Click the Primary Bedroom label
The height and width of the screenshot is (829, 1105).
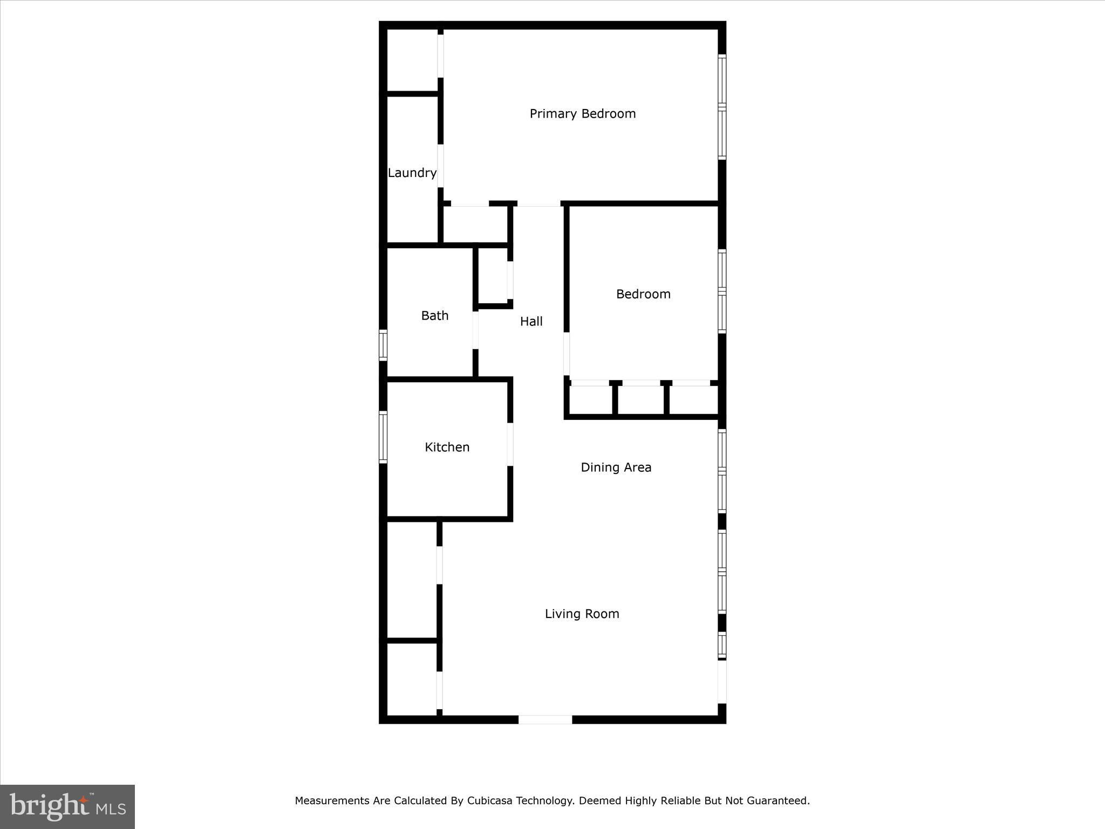click(x=583, y=114)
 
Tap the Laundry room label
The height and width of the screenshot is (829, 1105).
click(x=412, y=173)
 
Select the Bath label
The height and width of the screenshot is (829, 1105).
click(x=435, y=316)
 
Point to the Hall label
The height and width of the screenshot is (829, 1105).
click(x=531, y=322)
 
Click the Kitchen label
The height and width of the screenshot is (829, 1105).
click(x=447, y=447)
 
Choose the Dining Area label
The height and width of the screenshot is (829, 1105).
click(x=616, y=467)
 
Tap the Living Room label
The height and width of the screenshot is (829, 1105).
click(x=582, y=614)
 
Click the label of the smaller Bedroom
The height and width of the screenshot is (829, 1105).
click(x=644, y=294)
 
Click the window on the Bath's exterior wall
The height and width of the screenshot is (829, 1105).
click(x=383, y=345)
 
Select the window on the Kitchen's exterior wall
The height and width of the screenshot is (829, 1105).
click(x=383, y=437)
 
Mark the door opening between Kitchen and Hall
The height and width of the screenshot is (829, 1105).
click(x=510, y=444)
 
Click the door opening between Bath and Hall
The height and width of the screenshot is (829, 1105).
click(x=475, y=330)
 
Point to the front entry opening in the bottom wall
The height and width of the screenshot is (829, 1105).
click(x=545, y=719)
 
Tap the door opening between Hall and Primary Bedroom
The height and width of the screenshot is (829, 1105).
click(x=538, y=203)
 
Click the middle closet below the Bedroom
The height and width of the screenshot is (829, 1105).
click(x=640, y=400)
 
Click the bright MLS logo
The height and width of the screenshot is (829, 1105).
click(x=67, y=807)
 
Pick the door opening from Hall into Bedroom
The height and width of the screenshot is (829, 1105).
click(x=567, y=354)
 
